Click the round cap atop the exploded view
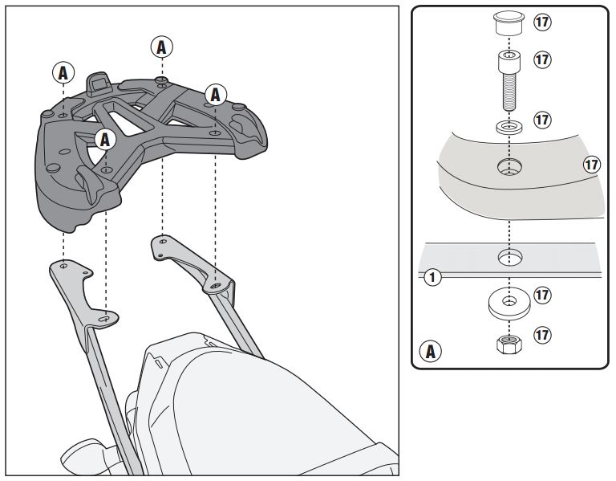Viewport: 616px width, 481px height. click(x=506, y=22)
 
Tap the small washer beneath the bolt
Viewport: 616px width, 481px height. click(x=506, y=127)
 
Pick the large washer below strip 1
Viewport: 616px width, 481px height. click(x=508, y=303)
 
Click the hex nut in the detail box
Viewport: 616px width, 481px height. click(x=507, y=344)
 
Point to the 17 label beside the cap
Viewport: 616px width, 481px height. click(x=543, y=22)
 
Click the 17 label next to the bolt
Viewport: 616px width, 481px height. click(x=543, y=59)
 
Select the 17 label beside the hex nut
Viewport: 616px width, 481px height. click(x=543, y=334)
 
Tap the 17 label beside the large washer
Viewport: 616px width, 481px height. click(x=543, y=295)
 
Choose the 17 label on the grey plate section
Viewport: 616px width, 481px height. click(x=591, y=165)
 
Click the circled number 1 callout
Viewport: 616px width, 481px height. click(x=432, y=278)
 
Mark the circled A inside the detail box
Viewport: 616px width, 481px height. click(x=432, y=351)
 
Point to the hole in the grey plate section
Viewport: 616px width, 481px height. click(x=508, y=168)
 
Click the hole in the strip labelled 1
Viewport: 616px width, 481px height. click(x=508, y=258)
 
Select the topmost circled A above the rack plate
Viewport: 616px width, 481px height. click(x=162, y=47)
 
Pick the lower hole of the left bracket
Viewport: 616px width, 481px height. click(x=104, y=318)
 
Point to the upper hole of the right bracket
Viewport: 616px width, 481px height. click(x=163, y=241)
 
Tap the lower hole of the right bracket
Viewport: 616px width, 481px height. click(x=215, y=283)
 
